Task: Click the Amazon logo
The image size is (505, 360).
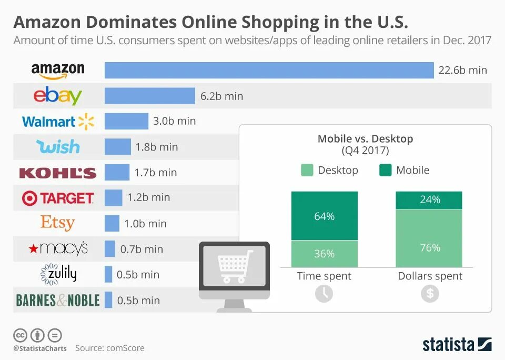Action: (58, 70)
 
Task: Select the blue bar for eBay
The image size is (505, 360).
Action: (149, 96)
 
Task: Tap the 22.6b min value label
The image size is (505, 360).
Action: (463, 70)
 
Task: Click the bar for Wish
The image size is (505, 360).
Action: (117, 147)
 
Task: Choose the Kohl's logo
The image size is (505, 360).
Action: (58, 173)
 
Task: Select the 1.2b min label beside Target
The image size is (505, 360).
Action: (149, 197)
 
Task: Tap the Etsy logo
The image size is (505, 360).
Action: (58, 223)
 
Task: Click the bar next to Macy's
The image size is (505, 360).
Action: (109, 249)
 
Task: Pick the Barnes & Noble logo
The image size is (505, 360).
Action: (58, 300)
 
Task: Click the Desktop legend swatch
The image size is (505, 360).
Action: (307, 170)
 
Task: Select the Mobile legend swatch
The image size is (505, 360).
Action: (385, 170)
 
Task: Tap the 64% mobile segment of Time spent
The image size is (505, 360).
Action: (324, 216)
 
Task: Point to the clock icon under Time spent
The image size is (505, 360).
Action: (324, 293)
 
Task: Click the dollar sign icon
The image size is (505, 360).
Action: (430, 293)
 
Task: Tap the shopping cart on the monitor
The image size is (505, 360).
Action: (235, 266)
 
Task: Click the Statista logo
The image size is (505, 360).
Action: (457, 344)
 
